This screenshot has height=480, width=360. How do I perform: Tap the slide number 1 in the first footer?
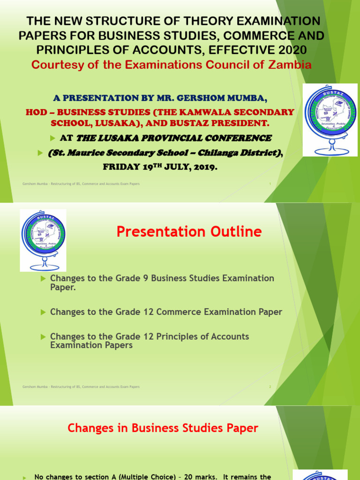270,184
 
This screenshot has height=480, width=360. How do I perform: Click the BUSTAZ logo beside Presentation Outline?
43,240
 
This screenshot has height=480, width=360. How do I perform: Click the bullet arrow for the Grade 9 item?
44,278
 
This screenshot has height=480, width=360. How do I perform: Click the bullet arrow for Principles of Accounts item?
44,337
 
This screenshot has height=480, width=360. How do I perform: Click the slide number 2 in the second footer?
270,387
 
